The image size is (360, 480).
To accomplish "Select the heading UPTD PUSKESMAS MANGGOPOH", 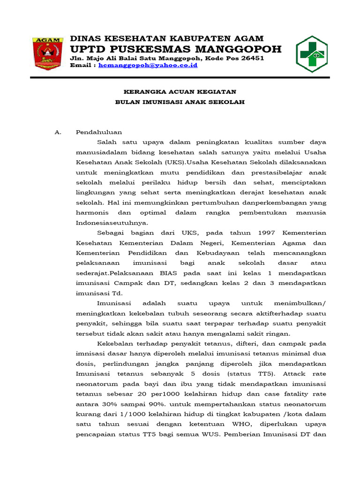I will coord(175,49).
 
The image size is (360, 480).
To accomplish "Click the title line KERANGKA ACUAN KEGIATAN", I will coord(180,91).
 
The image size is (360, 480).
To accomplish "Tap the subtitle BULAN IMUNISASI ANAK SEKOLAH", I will coord(180,102).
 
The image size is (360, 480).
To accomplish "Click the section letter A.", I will coord(58,132).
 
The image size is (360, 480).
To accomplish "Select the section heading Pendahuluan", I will coord(99,132).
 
